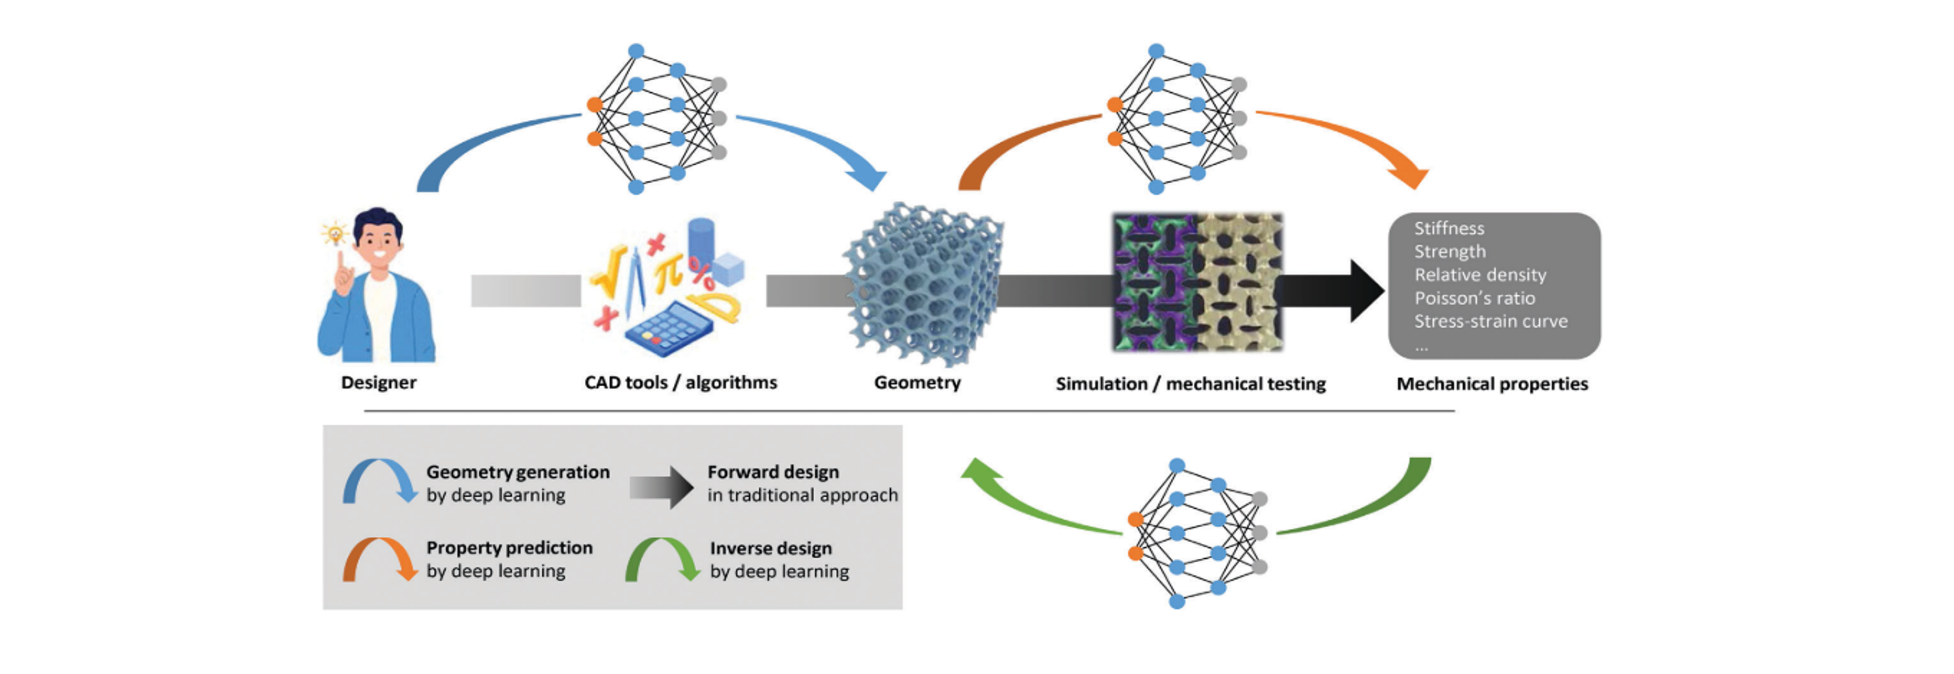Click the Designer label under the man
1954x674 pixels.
coord(379,383)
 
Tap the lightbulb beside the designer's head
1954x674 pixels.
coord(334,234)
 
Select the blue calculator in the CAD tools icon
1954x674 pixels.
coord(668,331)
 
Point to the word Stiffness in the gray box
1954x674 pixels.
coord(1449,228)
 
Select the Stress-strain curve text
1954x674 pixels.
coord(1490,321)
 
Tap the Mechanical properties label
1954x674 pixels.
coord(1492,384)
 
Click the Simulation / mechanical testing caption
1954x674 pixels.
coord(1190,384)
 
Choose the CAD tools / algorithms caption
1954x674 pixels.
coord(681,383)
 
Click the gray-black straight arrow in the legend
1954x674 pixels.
coord(662,487)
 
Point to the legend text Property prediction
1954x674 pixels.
coord(509,548)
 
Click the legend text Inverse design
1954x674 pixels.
coord(771,549)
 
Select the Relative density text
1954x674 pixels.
coord(1480,275)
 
